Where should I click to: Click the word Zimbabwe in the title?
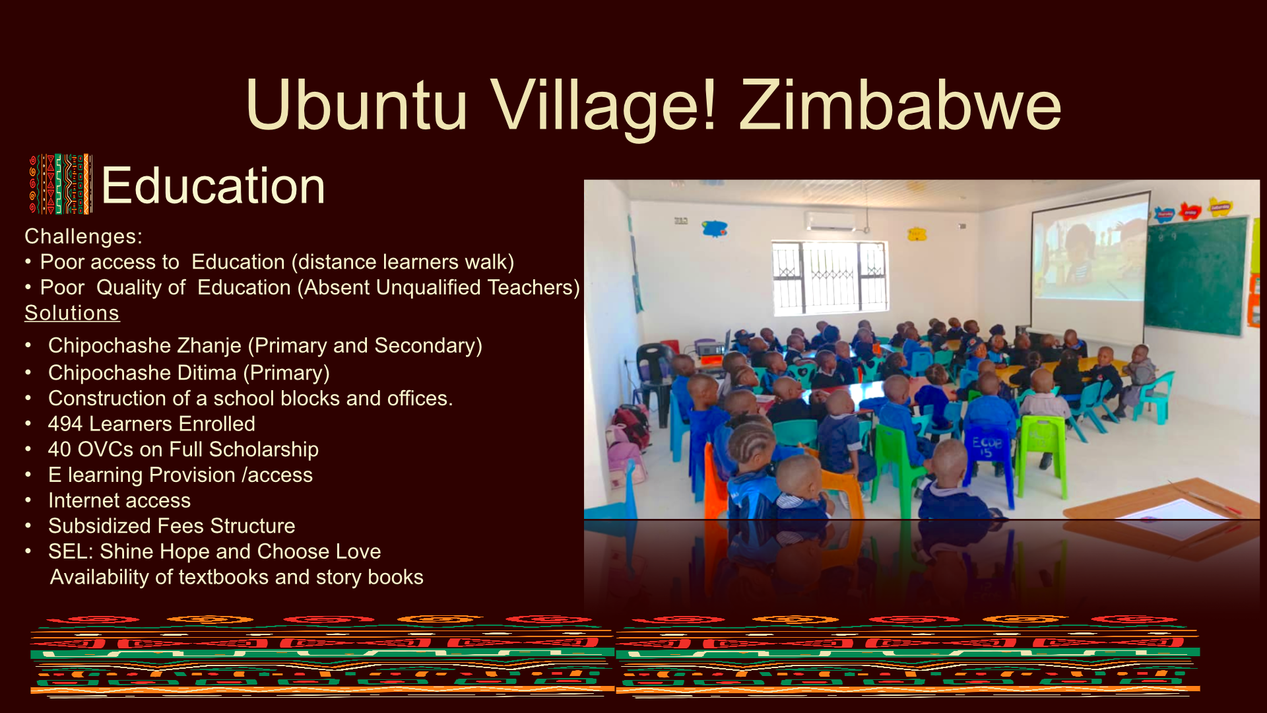click(x=900, y=106)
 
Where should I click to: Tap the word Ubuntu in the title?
click(x=356, y=106)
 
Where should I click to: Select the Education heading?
click(x=213, y=186)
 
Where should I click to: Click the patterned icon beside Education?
click(x=61, y=184)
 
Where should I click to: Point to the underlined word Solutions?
click(x=72, y=313)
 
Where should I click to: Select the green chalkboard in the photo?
click(x=1196, y=277)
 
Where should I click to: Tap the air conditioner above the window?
click(x=833, y=221)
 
